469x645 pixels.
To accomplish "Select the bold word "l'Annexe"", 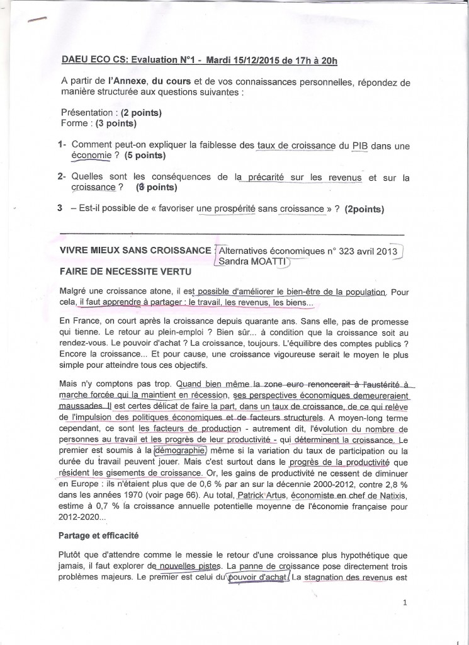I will coord(128,81).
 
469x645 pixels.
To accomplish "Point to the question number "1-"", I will coord(62,145).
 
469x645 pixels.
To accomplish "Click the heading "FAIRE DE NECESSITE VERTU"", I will coord(118,273).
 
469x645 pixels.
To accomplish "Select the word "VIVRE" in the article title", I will coord(76,250).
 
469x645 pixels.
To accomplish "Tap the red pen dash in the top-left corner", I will coord(37,20).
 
